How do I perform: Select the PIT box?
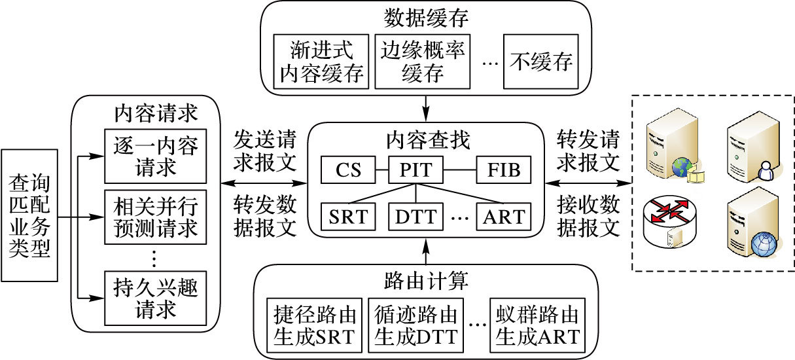coord(415,171)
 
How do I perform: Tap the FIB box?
coord(503,171)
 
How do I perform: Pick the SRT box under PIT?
coord(348,217)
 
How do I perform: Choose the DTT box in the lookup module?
coord(417,217)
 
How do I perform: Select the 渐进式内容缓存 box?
coord(321,62)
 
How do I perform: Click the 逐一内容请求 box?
coord(151,156)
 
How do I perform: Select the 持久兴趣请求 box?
coord(151,298)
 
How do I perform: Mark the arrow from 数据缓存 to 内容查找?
coord(426,105)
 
